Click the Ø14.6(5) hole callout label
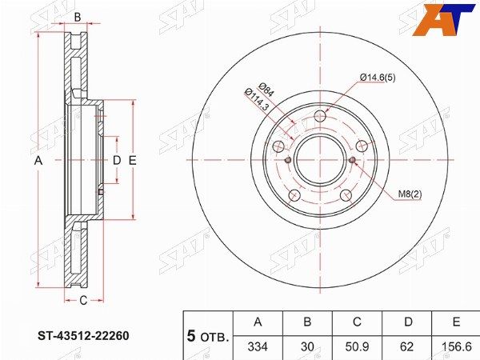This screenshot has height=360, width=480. coord(378,78)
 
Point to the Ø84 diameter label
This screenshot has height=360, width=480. coord(266,90)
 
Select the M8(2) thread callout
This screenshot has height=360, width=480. coord(410,194)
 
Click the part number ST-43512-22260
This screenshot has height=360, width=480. coord(83,336)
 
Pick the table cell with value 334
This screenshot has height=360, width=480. coord(258,346)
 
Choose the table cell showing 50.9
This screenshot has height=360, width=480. coord(357,346)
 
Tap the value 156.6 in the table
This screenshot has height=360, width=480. coord(456,346)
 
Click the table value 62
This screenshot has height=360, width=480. coord(406,346)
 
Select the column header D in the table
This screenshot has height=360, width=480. coord(408,322)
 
